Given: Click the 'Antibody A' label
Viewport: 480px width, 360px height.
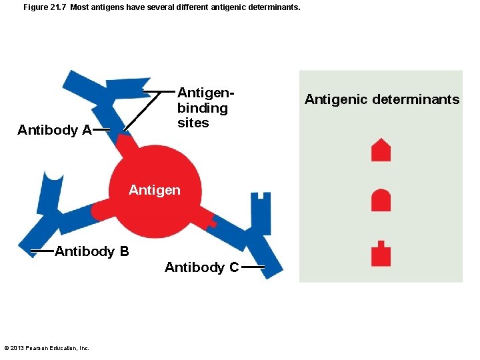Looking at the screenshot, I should (55, 130).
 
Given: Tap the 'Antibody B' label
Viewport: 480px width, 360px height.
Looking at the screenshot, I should (92, 251).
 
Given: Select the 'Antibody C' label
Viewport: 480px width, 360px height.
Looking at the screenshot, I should (201, 267).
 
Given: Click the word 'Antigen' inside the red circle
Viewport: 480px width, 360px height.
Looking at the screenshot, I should (154, 191).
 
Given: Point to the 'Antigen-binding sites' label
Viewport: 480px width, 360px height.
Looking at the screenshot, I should (203, 108).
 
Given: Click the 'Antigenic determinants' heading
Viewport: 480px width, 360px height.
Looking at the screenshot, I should (382, 99).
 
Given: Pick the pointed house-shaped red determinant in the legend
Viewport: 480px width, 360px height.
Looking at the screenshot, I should (381, 150).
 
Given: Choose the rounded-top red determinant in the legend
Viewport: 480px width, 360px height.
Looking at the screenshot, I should (381, 200).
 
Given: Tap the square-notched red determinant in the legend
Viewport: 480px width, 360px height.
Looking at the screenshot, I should (381, 253).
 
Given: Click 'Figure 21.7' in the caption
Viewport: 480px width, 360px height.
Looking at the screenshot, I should (43, 8).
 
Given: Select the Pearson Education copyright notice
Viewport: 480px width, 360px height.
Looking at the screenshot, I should (47, 347).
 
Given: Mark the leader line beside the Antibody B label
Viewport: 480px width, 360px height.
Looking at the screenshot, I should (42, 251).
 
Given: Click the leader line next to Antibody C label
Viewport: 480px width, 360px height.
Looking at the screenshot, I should (253, 267).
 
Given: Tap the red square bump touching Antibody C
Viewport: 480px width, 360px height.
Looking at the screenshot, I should (211, 220).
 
